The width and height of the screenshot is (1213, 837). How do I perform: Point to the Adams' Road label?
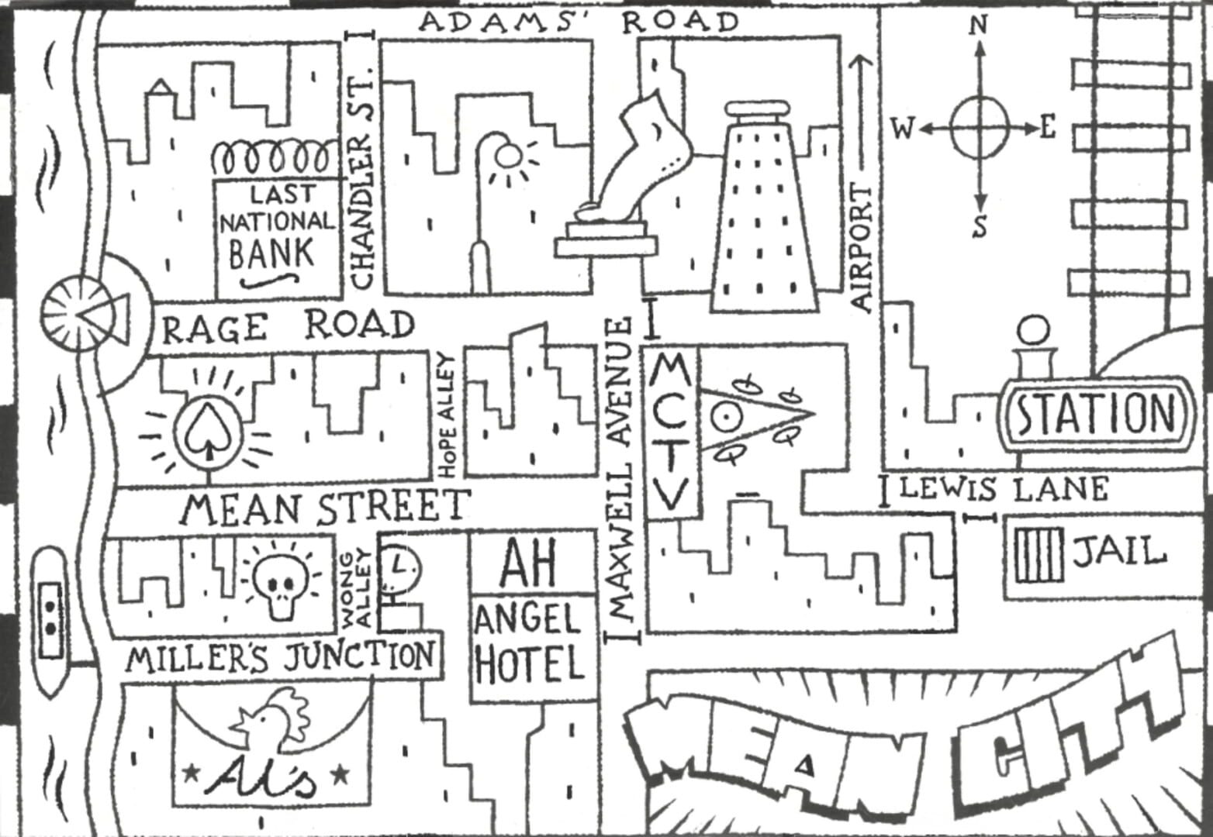(x=579, y=22)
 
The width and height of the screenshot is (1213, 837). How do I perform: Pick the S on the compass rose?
(x=980, y=227)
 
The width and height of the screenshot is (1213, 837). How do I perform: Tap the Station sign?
(x=1096, y=414)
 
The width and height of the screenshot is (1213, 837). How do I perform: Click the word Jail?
(x=1119, y=552)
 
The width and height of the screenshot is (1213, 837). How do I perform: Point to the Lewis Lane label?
(x=1004, y=489)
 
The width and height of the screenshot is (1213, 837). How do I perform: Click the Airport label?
(x=862, y=248)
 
